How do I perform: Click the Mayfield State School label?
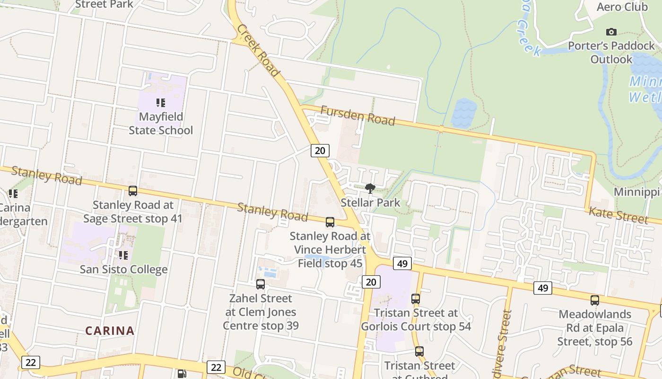point(161,123)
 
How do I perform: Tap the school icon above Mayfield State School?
point(161,103)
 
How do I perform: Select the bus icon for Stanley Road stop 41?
point(133,191)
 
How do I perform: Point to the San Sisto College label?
point(123,270)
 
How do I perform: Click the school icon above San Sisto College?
point(123,255)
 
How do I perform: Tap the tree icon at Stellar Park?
point(370,189)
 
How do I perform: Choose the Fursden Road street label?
point(357,116)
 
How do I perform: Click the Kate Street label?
point(618,215)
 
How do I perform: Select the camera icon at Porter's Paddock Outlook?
point(611,32)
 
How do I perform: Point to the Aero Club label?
point(622,7)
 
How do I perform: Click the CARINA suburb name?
point(110,331)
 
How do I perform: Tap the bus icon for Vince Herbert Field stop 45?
point(330,222)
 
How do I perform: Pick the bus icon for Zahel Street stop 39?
point(261,284)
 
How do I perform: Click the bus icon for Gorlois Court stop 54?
point(416,299)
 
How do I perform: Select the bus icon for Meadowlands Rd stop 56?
point(595,300)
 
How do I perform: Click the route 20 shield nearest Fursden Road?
point(320,151)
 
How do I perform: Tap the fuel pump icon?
point(182,374)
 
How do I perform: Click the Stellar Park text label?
point(371,203)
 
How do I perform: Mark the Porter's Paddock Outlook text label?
point(611,52)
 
